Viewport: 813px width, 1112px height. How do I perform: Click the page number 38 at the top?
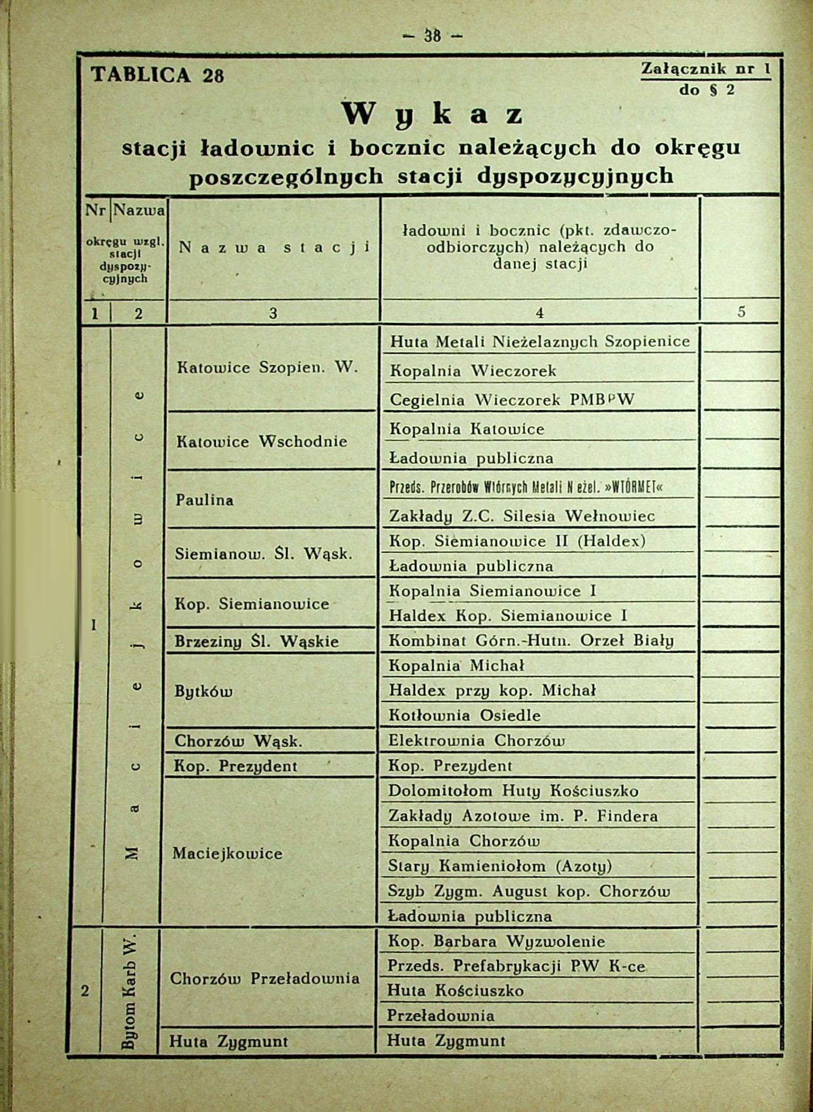coord(432,36)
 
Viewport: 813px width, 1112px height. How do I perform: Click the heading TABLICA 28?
coord(157,75)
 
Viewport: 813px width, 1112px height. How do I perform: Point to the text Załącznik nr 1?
coord(705,69)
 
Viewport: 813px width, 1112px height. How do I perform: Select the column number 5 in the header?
coord(741,312)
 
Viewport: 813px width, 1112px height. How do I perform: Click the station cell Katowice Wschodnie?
coord(261,441)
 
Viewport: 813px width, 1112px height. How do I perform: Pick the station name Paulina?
coord(204,500)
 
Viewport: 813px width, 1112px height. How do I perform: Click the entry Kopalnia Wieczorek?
coord(473,371)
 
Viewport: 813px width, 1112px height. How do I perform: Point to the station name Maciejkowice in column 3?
coord(227,853)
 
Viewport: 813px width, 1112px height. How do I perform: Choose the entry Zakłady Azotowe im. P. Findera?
coord(522,816)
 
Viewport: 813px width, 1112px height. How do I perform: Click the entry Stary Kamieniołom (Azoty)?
coord(499,866)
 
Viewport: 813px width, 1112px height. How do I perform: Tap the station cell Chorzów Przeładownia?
coord(264,979)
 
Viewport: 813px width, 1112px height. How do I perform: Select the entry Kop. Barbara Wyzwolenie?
coord(496,942)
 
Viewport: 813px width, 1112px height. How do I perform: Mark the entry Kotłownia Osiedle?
coord(464,715)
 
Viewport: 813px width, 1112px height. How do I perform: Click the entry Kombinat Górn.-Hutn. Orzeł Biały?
coord(530,641)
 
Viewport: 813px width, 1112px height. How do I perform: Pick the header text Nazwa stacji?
coord(274,248)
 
